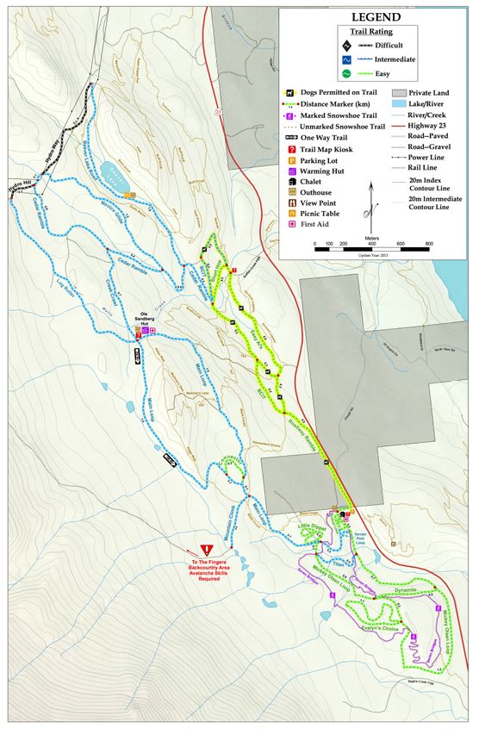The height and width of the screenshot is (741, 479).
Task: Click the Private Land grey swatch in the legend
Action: click(x=399, y=91)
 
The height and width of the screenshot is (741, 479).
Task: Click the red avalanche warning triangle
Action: click(x=206, y=550)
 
